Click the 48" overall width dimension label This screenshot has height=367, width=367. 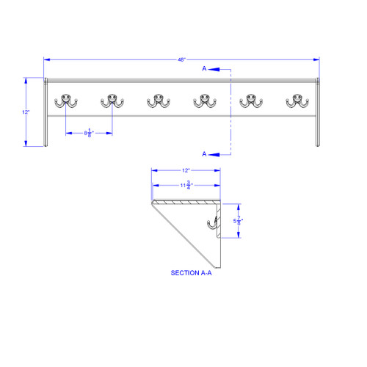[181, 58]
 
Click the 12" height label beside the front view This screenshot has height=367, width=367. [26, 112]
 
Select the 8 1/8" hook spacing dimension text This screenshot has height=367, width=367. [89, 133]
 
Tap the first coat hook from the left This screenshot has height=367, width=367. [66, 100]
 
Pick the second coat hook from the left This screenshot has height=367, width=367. [112, 100]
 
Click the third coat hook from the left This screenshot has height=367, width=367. [159, 100]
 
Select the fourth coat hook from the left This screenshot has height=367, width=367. [205, 100]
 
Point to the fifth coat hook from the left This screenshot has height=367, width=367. [251, 100]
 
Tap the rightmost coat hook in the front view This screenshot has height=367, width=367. [297, 100]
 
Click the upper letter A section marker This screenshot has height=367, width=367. [206, 69]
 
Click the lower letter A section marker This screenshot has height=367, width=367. [206, 153]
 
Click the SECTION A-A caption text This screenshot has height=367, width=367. [191, 272]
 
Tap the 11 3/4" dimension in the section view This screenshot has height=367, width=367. [187, 185]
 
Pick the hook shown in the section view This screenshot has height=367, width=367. [213, 225]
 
